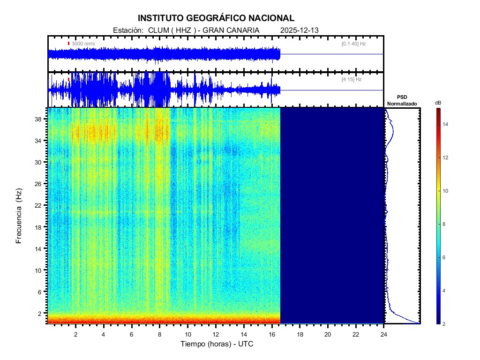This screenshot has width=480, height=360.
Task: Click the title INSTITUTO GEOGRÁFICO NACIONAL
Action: click(216, 18)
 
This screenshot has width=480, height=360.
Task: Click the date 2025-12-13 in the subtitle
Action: click(299, 30)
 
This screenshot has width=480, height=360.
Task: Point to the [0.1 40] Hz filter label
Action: click(354, 44)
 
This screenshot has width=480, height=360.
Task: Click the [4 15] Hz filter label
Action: click(352, 80)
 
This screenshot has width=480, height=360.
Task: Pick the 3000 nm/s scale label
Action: click(83, 44)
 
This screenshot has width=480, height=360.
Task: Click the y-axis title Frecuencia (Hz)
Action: click(19, 216)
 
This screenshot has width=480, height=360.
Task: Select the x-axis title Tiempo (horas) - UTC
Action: click(217, 344)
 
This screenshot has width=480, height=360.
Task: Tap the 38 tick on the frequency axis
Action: click(39, 119)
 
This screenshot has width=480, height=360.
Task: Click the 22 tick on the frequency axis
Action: click(39, 205)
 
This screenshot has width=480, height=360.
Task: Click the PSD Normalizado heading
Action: click(402, 100)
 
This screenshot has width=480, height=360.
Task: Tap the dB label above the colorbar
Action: click(438, 103)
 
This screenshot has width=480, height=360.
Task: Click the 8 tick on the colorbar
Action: click(445, 225)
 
